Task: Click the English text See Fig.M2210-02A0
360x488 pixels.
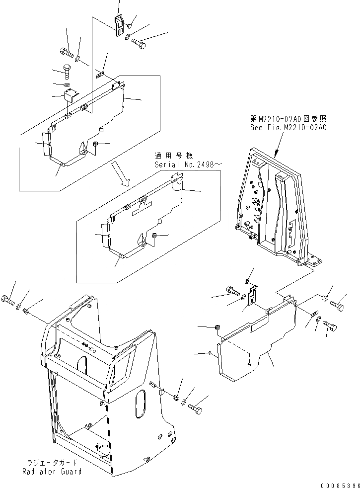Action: [x=288, y=127]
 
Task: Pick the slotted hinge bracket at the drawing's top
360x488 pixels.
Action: [x=119, y=25]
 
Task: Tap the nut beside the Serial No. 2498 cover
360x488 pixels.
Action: [x=155, y=235]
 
